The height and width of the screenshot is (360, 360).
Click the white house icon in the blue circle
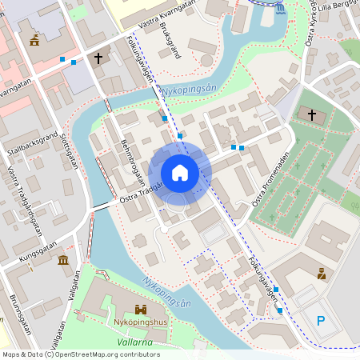[180, 172]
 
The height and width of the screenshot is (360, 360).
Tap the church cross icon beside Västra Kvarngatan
[98, 58]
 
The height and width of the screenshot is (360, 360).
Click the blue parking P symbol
[322, 322]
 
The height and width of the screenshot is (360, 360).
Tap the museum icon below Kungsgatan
[63, 260]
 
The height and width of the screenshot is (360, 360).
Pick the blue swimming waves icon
[278, 9]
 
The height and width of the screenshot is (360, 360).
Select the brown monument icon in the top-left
[34, 40]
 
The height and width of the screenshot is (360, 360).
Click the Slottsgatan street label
[70, 151]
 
